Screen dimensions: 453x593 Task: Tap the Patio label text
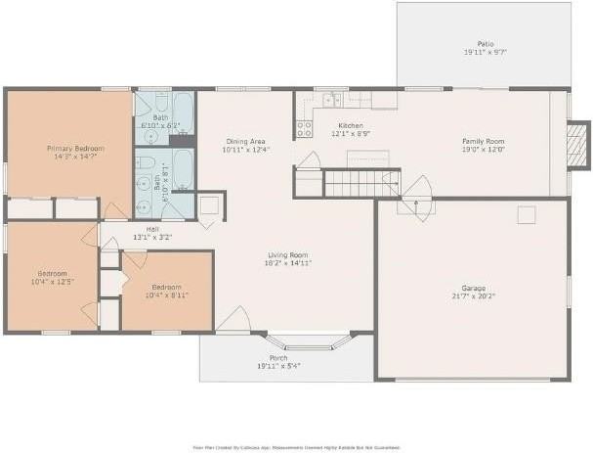click(485, 44)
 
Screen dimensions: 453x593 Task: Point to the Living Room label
click(288, 255)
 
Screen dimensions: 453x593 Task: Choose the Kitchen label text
click(351, 126)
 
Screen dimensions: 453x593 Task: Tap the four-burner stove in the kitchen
click(304, 126)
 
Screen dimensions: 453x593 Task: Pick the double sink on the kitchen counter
click(332, 99)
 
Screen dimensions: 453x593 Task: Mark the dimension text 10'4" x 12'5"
click(53, 281)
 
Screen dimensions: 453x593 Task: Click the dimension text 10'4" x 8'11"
click(166, 294)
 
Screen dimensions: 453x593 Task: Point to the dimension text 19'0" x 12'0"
click(485, 150)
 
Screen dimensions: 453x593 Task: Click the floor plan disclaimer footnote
click(296, 445)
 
